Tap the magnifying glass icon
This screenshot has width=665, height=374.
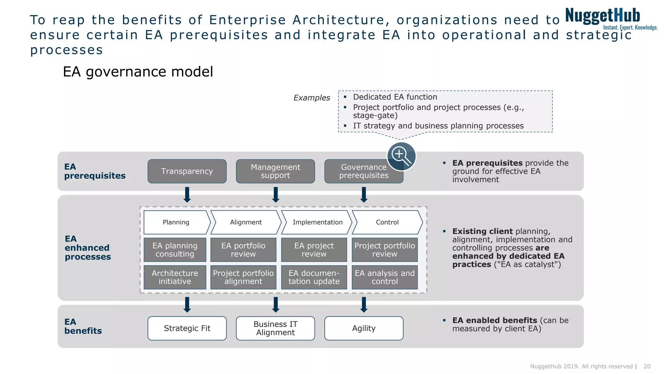tap(401, 156)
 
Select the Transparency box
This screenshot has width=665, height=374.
tap(187, 171)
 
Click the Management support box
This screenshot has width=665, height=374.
tap(275, 171)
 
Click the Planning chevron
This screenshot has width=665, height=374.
tap(176, 222)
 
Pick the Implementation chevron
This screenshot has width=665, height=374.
tap(317, 222)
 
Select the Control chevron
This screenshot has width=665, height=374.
tap(387, 222)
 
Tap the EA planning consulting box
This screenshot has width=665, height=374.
tap(175, 250)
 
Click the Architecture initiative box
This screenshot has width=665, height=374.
tap(175, 277)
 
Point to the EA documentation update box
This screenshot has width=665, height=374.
tap(314, 277)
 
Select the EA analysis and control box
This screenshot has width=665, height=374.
tap(385, 277)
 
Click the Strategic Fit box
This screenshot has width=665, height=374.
tap(187, 328)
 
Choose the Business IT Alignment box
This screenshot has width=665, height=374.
tap(275, 328)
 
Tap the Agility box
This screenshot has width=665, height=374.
tap(364, 328)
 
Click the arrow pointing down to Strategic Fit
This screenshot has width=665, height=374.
tap(187, 305)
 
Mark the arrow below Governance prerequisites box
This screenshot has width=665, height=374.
tap(364, 195)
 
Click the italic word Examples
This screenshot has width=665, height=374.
tap(311, 98)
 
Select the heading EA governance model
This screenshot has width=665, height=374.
tap(138, 72)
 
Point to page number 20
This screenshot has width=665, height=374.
tap(647, 366)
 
